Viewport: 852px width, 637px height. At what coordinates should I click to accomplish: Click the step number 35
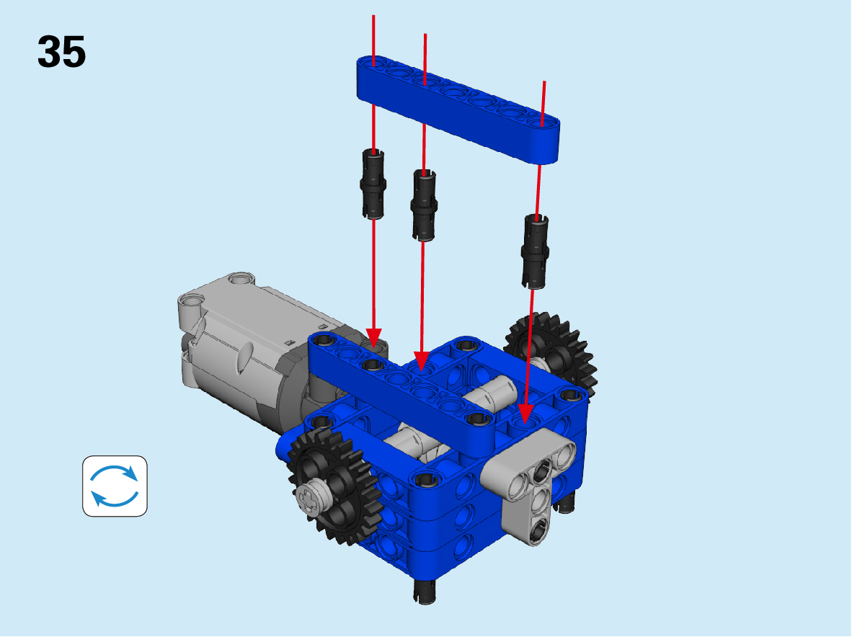coord(61,52)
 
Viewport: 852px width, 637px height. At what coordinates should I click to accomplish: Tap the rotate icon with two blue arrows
coord(115,486)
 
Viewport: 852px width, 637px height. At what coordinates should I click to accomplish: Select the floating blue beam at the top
coord(458,109)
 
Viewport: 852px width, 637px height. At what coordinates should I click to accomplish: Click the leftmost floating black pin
coord(373,184)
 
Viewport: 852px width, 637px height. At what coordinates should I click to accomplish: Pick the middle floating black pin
coord(425,205)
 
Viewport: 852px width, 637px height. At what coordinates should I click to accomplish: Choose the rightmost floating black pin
coord(536,251)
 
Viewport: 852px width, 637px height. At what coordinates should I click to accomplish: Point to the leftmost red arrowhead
coord(374,338)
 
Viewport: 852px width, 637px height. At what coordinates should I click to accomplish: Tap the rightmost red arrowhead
coord(525,414)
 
